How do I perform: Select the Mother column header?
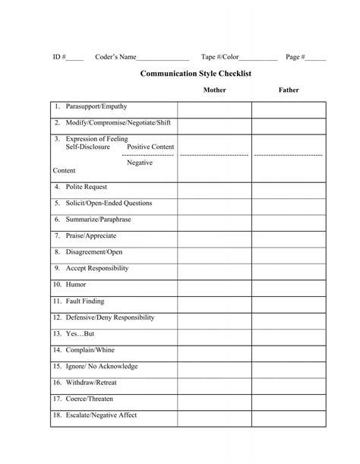214,90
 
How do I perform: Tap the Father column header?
289,90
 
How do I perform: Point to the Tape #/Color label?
220,57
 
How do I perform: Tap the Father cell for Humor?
289,285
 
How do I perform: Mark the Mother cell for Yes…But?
214,334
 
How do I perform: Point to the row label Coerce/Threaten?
90,399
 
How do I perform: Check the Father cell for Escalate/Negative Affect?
289,416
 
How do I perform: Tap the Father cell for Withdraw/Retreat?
289,383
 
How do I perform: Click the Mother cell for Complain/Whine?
214,350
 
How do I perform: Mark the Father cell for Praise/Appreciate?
289,236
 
